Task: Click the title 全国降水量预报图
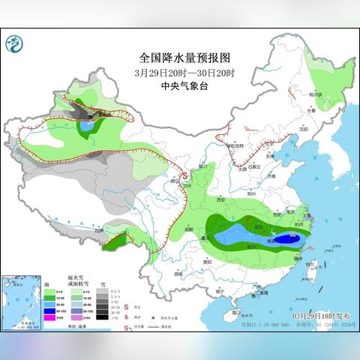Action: (x=180, y=57)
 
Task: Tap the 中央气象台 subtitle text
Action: (x=180, y=85)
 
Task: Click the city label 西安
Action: (x=221, y=201)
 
